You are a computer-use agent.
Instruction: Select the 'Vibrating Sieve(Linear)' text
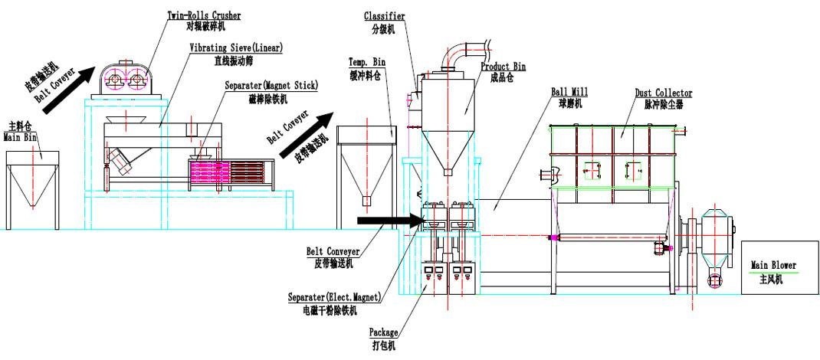(x=236, y=47)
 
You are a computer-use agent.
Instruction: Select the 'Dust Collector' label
(x=663, y=93)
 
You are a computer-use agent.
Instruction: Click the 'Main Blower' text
(x=773, y=266)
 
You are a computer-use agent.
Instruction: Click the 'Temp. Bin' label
(x=367, y=61)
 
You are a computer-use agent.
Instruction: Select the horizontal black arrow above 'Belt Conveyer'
(x=390, y=222)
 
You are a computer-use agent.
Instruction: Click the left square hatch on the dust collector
(x=592, y=170)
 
